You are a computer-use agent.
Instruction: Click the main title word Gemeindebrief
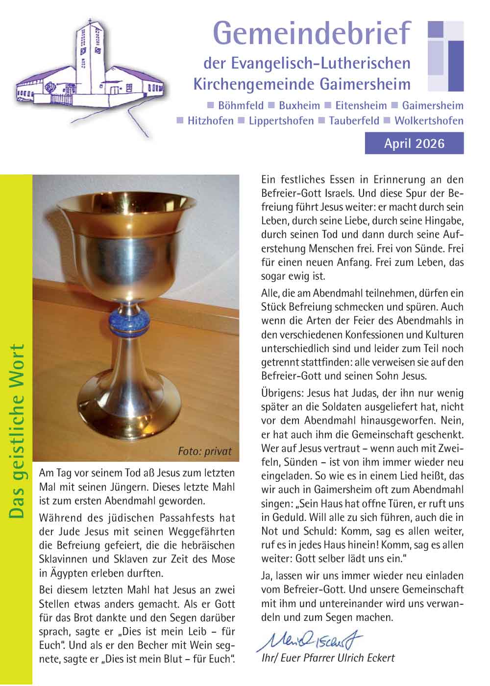click(x=312, y=33)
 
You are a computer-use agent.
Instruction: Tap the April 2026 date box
click(x=414, y=143)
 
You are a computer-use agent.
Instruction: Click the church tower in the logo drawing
click(x=89, y=59)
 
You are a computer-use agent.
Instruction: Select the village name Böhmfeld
click(x=241, y=105)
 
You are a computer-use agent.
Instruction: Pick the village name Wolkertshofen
click(x=429, y=120)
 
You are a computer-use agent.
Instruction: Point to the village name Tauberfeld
click(x=354, y=120)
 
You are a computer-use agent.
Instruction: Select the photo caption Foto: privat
click(x=204, y=451)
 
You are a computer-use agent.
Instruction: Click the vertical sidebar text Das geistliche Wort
click(x=17, y=431)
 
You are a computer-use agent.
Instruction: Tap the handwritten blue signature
click(x=309, y=639)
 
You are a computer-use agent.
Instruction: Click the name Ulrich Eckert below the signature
click(x=367, y=658)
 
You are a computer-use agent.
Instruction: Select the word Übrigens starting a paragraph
click(x=281, y=393)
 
